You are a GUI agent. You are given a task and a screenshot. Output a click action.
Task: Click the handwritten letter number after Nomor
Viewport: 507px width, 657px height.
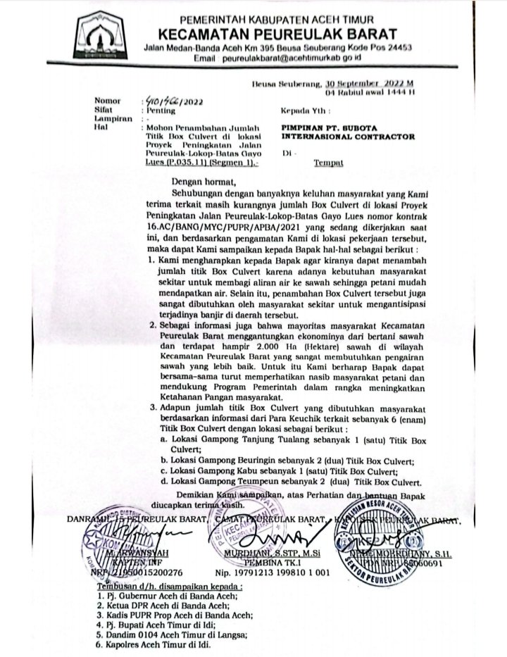point(167,100)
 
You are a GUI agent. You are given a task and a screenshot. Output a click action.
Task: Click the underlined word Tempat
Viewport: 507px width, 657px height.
point(328,163)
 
